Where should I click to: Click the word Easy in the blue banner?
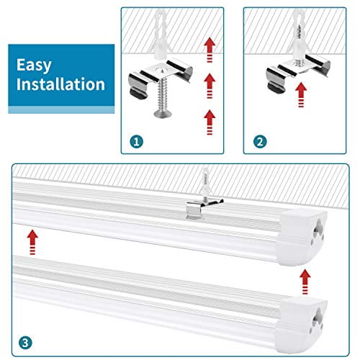[x=35, y=66]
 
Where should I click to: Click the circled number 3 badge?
[x=24, y=339]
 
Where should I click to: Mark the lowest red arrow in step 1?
[x=210, y=116]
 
